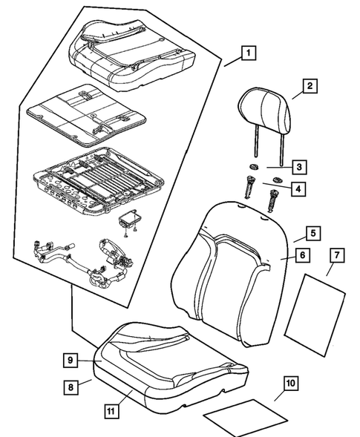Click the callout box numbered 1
(x=249, y=53)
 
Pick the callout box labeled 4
(x=298, y=189)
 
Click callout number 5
(x=314, y=233)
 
